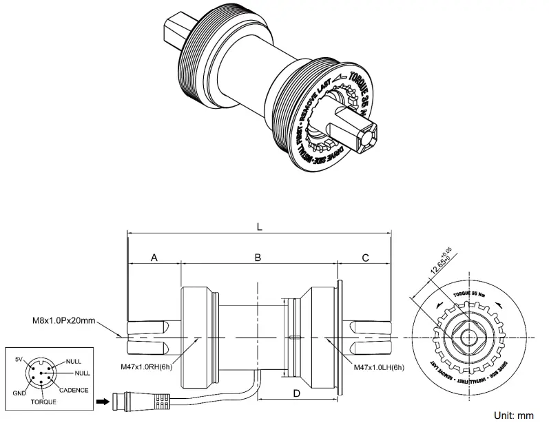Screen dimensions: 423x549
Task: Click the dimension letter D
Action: pos(297,393)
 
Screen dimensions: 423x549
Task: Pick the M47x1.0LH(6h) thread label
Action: pos(375,367)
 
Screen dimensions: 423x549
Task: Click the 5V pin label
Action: pos(19,359)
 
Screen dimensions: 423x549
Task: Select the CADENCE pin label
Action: pos(73,389)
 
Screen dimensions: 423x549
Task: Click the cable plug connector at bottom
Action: pos(141,399)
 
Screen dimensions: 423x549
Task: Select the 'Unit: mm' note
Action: pos(514,415)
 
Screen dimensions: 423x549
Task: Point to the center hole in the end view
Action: pos(470,338)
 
